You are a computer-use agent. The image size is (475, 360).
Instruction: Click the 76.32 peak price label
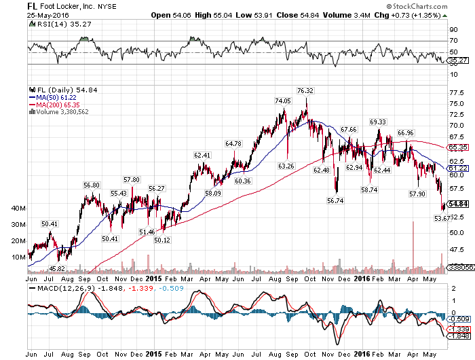(x=305, y=90)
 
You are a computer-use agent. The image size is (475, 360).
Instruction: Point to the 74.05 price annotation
(x=282, y=101)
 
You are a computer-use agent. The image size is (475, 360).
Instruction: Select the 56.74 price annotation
(x=335, y=200)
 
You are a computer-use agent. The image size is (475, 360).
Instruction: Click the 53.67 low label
(x=442, y=218)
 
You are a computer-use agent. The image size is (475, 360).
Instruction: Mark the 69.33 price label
(x=378, y=121)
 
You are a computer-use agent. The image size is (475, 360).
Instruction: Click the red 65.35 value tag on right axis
(x=459, y=147)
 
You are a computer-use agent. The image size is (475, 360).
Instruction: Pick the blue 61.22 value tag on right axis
(x=459, y=167)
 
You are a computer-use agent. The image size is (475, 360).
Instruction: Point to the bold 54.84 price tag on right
(x=459, y=204)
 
